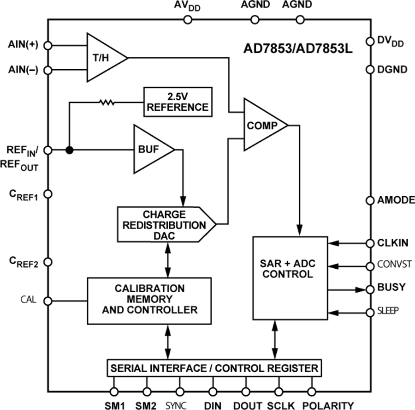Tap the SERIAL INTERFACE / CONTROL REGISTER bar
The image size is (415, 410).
[x=213, y=368]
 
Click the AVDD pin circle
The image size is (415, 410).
[x=187, y=19]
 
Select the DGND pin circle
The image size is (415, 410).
[x=370, y=70]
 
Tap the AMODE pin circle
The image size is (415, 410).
[x=370, y=200]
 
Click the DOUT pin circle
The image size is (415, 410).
[x=245, y=392]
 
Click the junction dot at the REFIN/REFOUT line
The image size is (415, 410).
[x=69, y=150]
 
